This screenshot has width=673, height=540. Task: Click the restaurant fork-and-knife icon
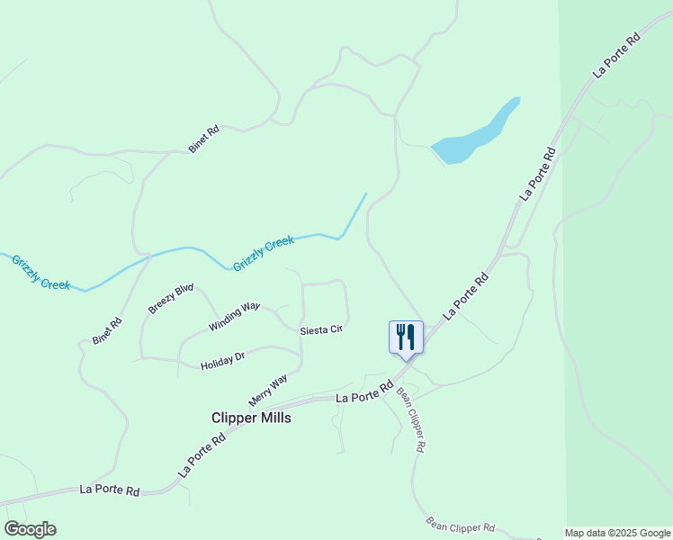click(406, 337)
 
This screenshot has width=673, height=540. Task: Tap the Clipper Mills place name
click(251, 418)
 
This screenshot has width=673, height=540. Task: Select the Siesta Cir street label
click(321, 329)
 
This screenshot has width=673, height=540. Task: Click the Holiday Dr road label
click(222, 361)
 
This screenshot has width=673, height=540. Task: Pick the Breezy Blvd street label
click(171, 299)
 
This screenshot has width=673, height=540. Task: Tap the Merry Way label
click(267, 390)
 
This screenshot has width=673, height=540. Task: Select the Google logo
click(30, 528)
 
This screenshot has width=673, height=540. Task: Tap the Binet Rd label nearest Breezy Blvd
click(106, 332)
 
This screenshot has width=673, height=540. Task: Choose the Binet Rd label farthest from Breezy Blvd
click(204, 139)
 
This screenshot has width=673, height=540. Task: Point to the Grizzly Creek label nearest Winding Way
click(264, 254)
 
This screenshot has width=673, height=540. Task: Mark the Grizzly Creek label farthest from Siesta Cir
click(40, 272)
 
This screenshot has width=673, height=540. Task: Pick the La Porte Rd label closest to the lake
click(537, 174)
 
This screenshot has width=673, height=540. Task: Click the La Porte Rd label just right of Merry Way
click(365, 392)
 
